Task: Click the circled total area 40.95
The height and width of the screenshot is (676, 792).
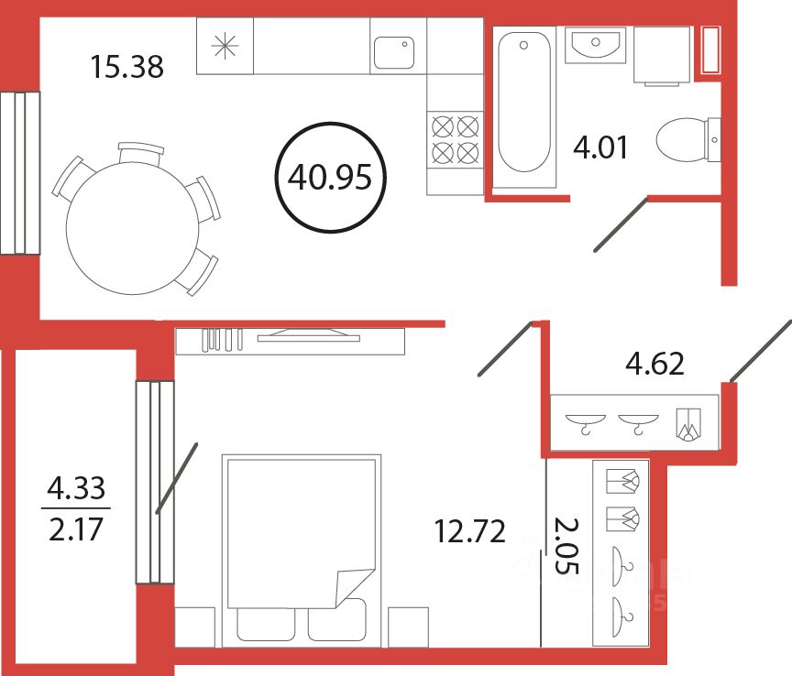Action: click(329, 178)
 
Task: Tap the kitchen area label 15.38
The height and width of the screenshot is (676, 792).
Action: click(127, 66)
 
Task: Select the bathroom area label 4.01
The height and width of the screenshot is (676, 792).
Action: click(600, 147)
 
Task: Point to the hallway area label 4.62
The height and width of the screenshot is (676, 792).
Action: click(654, 364)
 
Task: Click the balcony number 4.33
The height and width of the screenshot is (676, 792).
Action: click(76, 488)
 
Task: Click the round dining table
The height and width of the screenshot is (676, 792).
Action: click(133, 225)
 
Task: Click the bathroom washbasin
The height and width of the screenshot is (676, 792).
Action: click(594, 43)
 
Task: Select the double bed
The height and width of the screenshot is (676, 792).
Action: click(301, 540)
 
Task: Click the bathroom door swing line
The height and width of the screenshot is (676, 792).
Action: click(621, 224)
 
